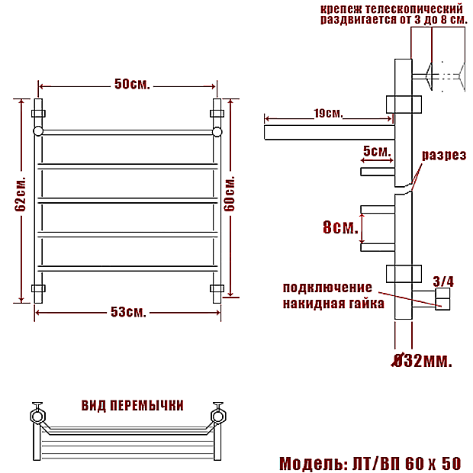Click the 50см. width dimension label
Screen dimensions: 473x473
(x=132, y=84)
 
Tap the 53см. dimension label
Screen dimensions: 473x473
(x=128, y=312)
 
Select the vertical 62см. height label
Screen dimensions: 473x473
(x=21, y=194)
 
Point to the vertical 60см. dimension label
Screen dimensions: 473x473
(x=230, y=194)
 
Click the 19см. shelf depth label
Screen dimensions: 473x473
(x=329, y=114)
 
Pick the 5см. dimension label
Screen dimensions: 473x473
(x=377, y=151)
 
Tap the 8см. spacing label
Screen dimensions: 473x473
(x=340, y=227)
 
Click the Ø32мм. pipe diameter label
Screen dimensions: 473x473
(x=422, y=361)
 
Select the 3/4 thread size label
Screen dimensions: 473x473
(x=443, y=282)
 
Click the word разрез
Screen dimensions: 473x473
(x=444, y=155)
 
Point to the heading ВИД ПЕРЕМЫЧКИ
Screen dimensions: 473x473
(x=133, y=406)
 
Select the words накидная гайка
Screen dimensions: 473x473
(x=333, y=303)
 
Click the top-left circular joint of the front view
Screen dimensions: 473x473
(x=38, y=132)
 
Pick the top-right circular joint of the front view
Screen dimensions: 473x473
(x=217, y=132)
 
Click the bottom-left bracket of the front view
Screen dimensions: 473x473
(x=38, y=288)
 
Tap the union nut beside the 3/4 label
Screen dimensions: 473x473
(x=442, y=299)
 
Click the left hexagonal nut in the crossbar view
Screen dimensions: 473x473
(x=37, y=417)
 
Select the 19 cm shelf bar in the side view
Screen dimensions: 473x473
(x=330, y=133)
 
